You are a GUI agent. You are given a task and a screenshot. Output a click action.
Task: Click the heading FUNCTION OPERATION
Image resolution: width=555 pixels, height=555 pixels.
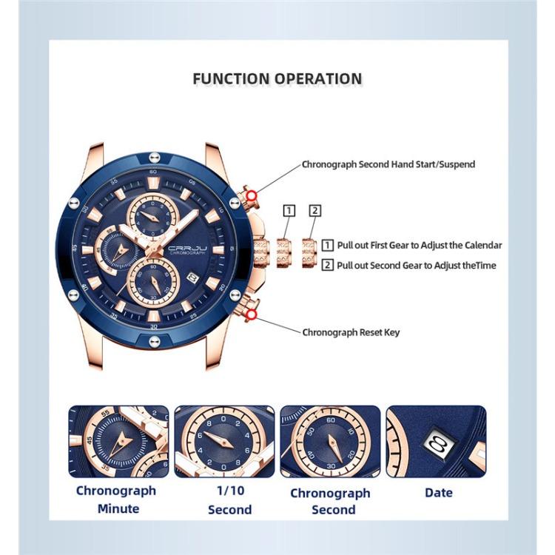click(x=277, y=79)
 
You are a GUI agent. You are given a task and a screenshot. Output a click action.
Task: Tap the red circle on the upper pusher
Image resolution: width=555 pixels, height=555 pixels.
click(x=252, y=195)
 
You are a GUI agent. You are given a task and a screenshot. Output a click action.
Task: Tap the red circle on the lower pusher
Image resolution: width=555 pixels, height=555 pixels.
click(x=252, y=316)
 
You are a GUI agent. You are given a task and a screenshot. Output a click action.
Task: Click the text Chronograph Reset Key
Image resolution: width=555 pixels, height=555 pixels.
click(x=350, y=332)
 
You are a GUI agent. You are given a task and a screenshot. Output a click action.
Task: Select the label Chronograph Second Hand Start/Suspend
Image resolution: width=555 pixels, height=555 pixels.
click(x=388, y=164)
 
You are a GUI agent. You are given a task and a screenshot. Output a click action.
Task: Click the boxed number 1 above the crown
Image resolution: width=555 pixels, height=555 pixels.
click(x=289, y=211)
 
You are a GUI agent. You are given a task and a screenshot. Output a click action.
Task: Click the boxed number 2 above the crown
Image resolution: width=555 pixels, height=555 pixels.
click(x=314, y=211)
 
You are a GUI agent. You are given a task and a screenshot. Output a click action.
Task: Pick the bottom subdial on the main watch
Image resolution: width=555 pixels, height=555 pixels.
click(x=153, y=282)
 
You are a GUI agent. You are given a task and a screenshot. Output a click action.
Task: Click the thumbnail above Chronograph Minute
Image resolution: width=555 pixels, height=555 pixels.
click(x=118, y=441)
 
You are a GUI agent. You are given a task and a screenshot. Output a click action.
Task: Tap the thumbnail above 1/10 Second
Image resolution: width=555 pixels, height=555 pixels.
click(x=223, y=441)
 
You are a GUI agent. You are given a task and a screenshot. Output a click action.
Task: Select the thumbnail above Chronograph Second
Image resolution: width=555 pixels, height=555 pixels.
click(x=330, y=441)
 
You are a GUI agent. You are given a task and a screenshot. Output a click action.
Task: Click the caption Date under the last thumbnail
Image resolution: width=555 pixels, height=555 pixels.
click(x=439, y=492)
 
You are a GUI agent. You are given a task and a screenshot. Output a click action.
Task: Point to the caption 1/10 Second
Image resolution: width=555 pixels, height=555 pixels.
click(x=229, y=499)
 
